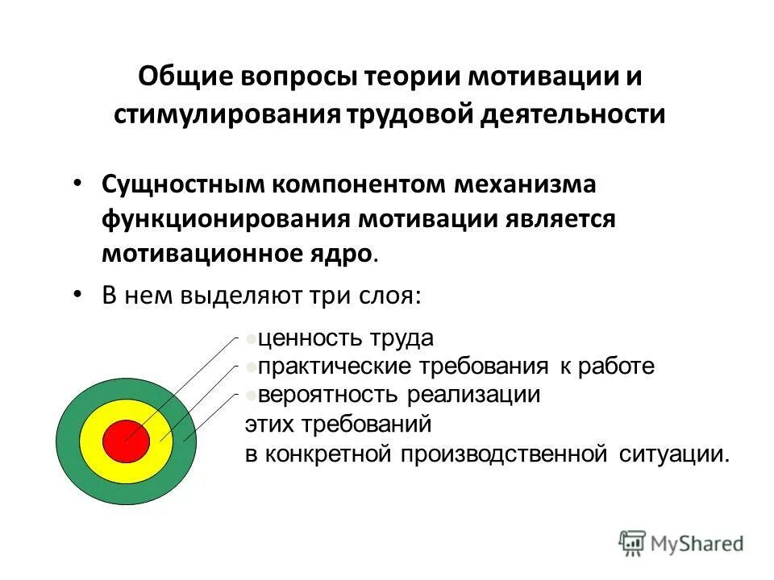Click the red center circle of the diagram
click(x=126, y=440)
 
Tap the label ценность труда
click(x=346, y=338)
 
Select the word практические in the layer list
click(x=335, y=367)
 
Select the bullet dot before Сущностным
click(x=77, y=183)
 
